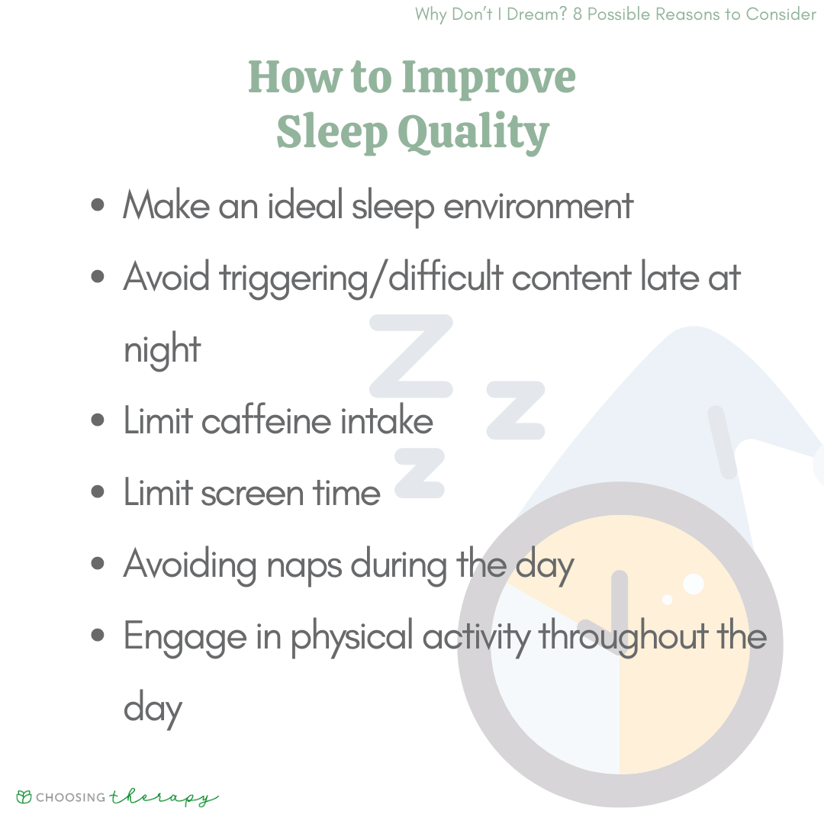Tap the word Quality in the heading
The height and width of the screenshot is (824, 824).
474,133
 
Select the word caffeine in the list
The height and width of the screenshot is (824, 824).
266,420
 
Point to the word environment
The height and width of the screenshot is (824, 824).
538,206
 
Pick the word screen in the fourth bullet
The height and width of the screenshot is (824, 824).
253,494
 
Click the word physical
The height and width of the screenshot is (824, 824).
352,637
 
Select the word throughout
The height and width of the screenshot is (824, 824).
624,637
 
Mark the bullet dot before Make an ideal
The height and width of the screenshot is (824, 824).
97,204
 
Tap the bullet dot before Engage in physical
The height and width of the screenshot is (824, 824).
97,636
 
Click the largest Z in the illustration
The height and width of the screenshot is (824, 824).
411,356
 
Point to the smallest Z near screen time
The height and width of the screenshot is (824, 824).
420,473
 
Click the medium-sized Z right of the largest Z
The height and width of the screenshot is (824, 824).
516,410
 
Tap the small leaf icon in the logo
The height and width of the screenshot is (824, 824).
24,797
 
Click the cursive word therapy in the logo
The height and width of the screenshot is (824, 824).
164,798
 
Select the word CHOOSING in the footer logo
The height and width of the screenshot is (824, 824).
71,798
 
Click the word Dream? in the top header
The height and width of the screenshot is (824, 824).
536,14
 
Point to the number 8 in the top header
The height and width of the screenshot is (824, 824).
577,14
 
